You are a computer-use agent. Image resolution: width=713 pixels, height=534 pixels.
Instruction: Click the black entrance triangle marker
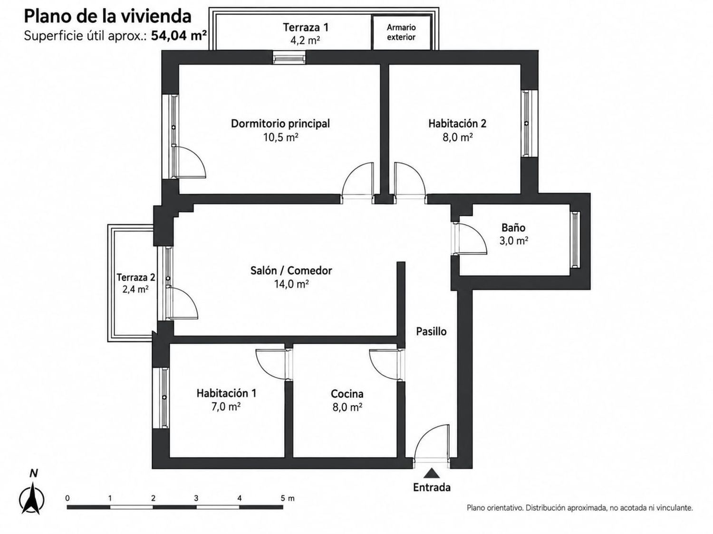(431, 473)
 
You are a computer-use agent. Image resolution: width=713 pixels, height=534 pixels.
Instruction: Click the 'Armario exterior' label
(401, 32)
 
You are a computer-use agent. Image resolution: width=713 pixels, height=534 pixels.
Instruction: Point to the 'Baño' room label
(513, 228)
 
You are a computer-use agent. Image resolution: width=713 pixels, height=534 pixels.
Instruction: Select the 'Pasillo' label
(431, 331)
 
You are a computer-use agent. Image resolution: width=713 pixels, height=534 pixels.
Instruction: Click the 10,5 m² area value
(280, 138)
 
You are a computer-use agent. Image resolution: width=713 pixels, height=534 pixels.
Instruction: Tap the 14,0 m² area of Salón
(291, 284)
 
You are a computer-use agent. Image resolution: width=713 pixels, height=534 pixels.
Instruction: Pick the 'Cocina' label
(347, 393)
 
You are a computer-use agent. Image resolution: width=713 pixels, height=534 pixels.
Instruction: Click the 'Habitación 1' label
(226, 393)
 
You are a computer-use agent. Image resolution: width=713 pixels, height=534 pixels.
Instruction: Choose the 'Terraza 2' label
(136, 278)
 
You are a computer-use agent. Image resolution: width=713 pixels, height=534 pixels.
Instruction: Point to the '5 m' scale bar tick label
(288, 498)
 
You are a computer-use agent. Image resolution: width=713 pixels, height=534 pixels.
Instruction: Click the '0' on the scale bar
(67, 498)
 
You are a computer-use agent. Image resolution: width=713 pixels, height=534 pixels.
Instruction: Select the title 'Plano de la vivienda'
(107, 17)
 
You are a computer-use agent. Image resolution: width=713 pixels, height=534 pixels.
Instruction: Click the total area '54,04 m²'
(179, 35)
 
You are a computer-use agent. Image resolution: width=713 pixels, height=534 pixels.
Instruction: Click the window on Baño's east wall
(575, 240)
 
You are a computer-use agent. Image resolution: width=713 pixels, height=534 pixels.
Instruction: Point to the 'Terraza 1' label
(306, 27)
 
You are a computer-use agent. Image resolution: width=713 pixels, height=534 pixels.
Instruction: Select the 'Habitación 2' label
(457, 123)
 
